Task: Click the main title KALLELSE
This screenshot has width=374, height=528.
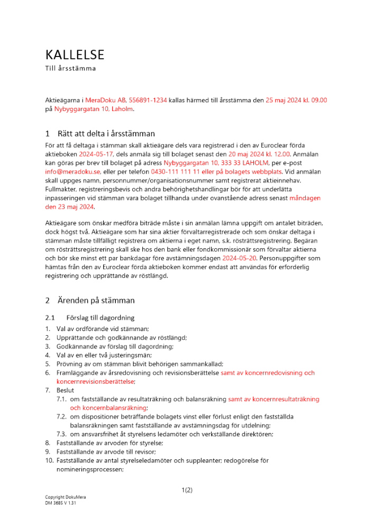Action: point(75,54)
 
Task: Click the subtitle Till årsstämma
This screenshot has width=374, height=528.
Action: point(70,68)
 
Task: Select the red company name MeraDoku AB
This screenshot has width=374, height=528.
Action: point(105,100)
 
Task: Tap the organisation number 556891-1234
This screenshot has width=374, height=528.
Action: point(148,100)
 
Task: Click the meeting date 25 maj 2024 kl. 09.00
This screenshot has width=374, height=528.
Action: point(296,100)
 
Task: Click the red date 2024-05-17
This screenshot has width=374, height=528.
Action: point(96,154)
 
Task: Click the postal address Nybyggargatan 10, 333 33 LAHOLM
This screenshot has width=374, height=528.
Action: point(217,163)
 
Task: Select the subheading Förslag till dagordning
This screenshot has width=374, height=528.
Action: point(100,318)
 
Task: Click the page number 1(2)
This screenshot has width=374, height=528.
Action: point(187,490)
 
